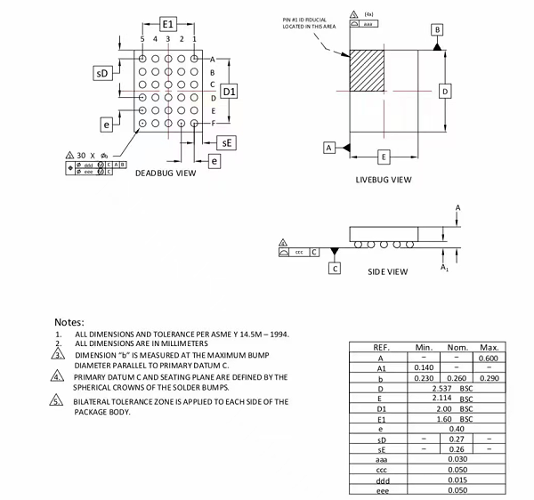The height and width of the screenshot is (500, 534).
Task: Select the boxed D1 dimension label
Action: (x=229, y=92)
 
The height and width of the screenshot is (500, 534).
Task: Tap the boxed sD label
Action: (x=103, y=73)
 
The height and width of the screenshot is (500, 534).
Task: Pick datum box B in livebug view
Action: (x=437, y=29)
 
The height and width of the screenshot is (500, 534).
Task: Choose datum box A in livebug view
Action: (x=328, y=146)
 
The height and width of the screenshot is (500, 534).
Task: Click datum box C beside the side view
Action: (x=335, y=267)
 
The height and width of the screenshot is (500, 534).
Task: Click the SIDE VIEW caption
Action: (x=388, y=270)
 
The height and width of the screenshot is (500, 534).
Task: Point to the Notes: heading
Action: (x=69, y=321)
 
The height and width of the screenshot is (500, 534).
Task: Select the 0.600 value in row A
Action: (x=488, y=357)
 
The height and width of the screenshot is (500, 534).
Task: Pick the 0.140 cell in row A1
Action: (x=424, y=367)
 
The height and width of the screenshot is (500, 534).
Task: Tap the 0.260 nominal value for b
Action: (x=456, y=377)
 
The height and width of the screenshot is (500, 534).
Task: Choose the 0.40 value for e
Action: (x=456, y=429)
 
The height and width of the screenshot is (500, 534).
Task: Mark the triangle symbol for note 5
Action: (x=58, y=402)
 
